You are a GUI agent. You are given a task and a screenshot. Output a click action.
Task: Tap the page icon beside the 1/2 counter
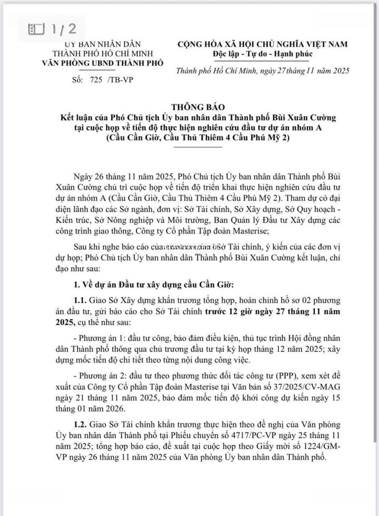point(37,29)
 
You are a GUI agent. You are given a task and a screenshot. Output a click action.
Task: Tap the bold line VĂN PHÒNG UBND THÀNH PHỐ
point(103,63)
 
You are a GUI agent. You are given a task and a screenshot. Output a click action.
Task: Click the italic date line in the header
point(263,71)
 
